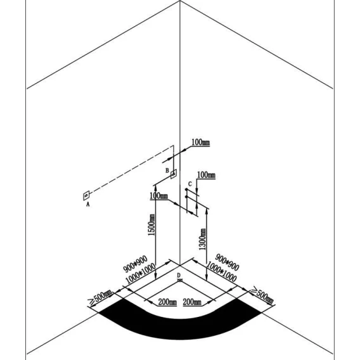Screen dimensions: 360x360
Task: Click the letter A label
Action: pos(87,204)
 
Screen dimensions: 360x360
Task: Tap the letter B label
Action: pos(167,170)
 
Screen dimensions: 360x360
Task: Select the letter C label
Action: pos(190,184)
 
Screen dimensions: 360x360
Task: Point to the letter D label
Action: pos(179,275)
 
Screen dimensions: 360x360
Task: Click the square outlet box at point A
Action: pos(86,196)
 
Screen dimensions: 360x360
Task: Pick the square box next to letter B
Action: pos(174,174)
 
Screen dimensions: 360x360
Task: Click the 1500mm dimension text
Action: pos(151,225)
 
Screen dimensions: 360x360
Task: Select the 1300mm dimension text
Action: pos(203,239)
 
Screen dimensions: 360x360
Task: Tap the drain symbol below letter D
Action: pos(180,280)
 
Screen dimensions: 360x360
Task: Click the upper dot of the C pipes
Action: pos(186,190)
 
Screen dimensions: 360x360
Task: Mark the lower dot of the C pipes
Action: pos(186,196)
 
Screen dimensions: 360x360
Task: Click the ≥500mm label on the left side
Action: pos(101,298)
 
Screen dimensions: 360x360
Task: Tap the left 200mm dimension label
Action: pos(167,302)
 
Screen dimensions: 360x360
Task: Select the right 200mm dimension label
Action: pos(192,302)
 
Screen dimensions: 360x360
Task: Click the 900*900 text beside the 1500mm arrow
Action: pos(136,264)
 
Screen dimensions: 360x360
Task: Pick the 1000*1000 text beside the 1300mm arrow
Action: pos(221,272)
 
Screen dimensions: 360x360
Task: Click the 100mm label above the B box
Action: pos(201,143)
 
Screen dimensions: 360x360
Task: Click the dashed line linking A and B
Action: pos(131,169)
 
